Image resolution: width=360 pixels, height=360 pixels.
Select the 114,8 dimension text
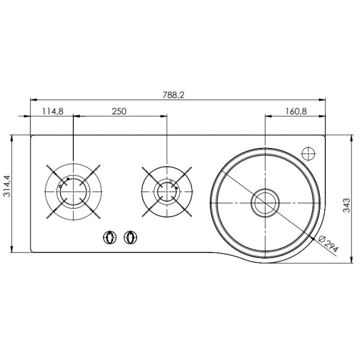tap(52, 111)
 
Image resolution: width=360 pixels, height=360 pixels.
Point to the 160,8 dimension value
tap(296, 111)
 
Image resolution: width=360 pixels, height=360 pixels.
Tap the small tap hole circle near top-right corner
tap(309, 154)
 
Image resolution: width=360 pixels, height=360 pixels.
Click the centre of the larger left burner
tap(73, 191)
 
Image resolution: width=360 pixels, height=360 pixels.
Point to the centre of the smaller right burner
tap(166, 191)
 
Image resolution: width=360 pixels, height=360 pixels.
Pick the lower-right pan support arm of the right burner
tap(185, 210)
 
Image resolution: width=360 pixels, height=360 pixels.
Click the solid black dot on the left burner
tap(67, 179)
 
